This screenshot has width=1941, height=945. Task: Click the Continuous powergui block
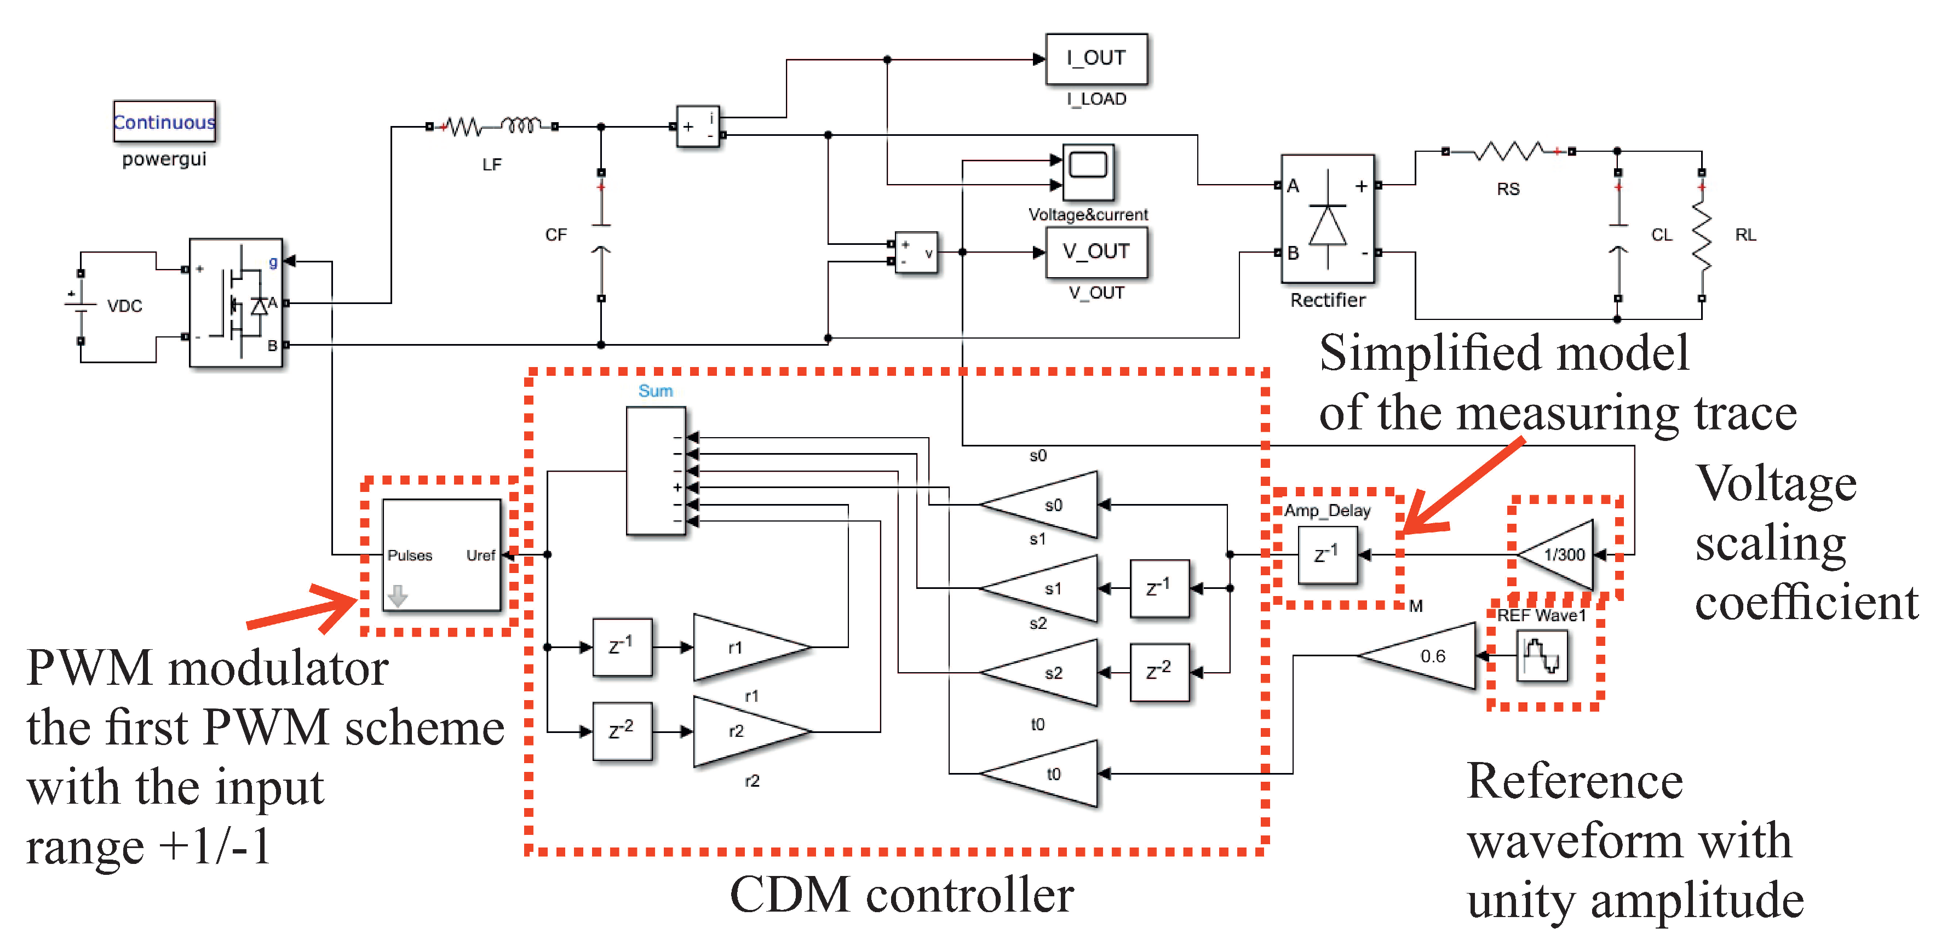click(164, 121)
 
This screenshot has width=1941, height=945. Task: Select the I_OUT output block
click(1096, 58)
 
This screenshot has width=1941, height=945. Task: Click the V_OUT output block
click(1096, 251)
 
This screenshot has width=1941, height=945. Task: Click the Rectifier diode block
click(1328, 219)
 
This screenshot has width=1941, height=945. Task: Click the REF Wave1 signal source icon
click(1542, 656)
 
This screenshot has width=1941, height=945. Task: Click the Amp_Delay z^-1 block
click(1328, 555)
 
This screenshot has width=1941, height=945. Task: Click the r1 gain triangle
click(742, 648)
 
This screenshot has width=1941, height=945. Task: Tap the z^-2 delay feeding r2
click(622, 731)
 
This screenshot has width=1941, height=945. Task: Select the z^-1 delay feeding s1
click(1159, 588)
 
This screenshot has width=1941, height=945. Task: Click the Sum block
click(656, 471)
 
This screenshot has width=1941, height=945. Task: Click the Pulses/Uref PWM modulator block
click(441, 554)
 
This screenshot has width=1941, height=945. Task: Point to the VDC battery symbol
click(81, 305)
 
